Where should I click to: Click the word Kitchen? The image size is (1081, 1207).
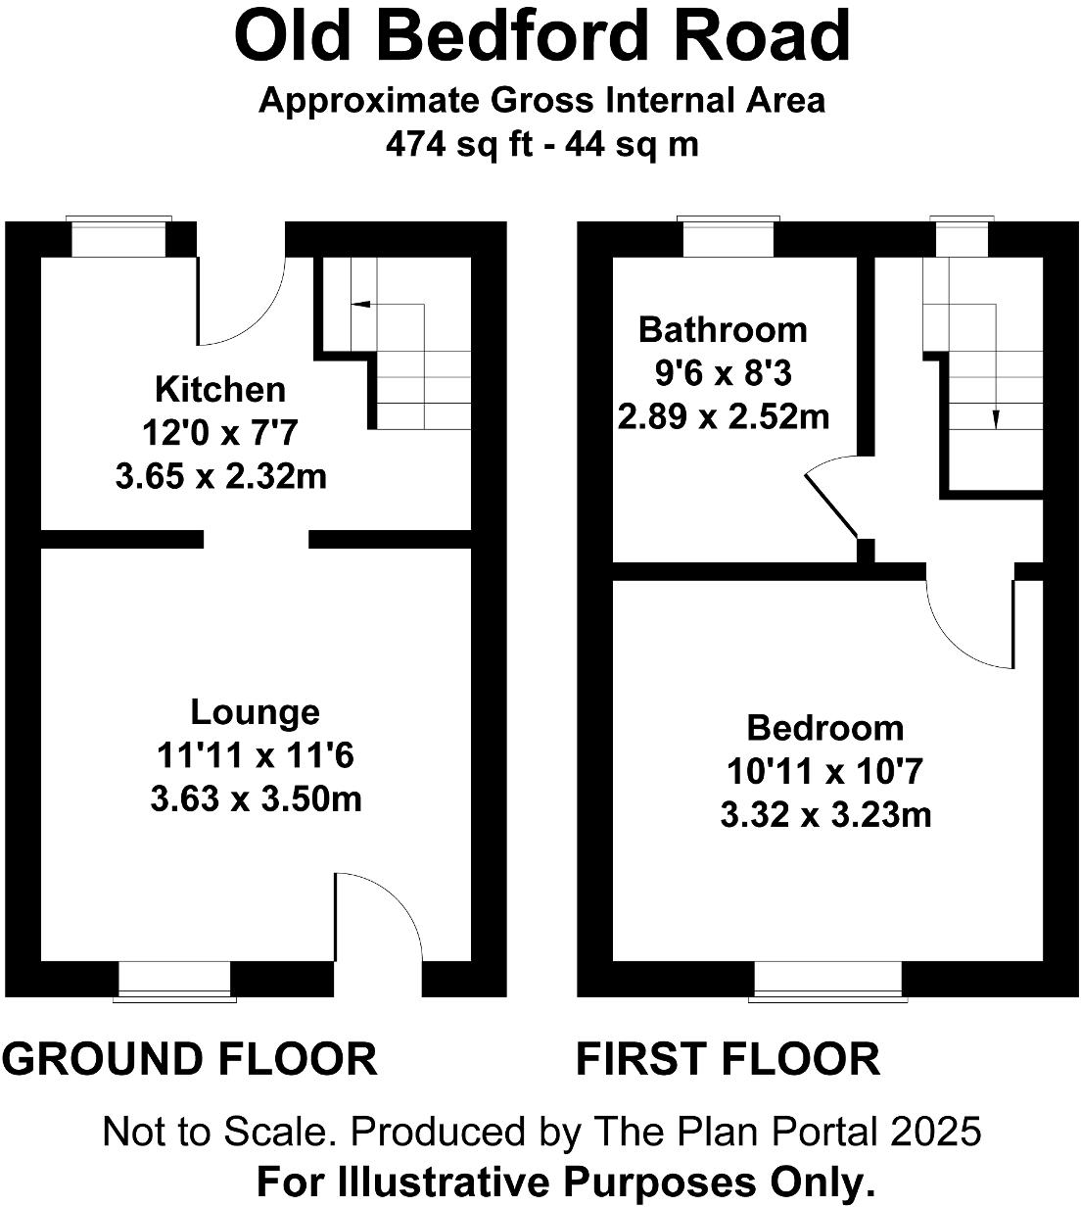coord(220,389)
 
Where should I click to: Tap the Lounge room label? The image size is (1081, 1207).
coord(255,711)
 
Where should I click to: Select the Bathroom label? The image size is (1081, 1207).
coord(723,329)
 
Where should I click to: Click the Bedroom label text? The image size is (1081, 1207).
coord(824,728)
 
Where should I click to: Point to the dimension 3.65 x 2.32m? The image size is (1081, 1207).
coord(220,477)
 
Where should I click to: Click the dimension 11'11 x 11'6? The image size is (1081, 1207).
coord(255,755)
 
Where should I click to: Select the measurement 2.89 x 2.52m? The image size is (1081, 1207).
coord(723,417)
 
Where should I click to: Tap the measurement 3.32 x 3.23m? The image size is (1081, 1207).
coord(824,815)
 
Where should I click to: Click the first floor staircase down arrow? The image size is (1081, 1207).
coord(996,418)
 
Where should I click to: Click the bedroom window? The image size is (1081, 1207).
coord(827,980)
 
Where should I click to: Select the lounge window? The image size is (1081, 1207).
coord(175,980)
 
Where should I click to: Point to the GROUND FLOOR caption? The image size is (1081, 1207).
coord(190,1059)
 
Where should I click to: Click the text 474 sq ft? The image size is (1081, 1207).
coord(459,144)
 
